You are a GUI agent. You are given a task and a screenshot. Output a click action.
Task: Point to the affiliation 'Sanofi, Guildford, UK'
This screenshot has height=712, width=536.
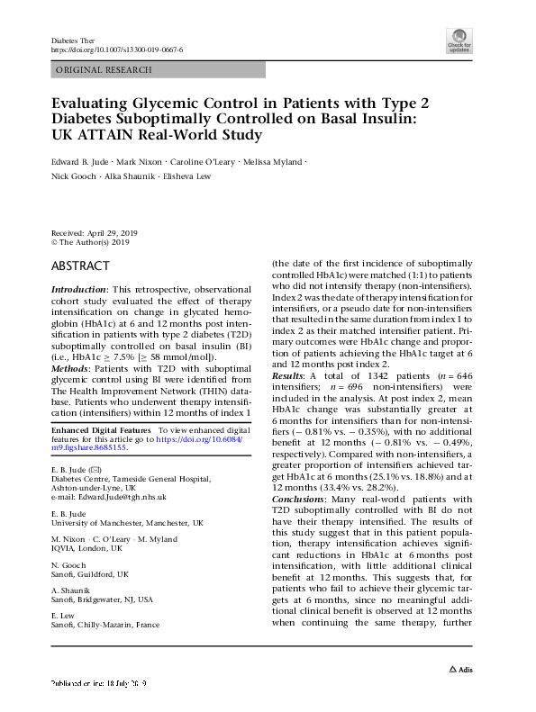(x=90, y=573)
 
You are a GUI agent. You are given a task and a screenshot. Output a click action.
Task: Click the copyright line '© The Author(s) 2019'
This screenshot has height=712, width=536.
(x=91, y=242)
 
